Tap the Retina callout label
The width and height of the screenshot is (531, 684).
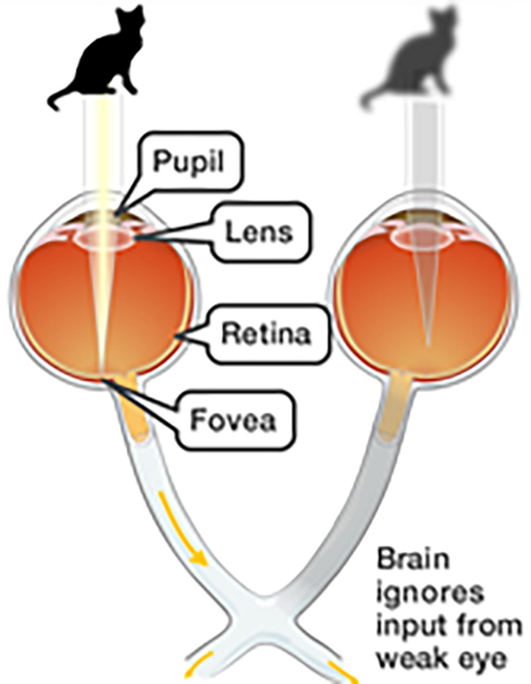[x=266, y=334]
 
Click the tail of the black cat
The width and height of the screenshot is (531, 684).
[x=65, y=98]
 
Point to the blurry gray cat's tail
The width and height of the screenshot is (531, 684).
[x=377, y=98]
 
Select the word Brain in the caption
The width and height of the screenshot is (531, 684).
[x=413, y=559]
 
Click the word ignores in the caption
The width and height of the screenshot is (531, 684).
[x=430, y=594]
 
